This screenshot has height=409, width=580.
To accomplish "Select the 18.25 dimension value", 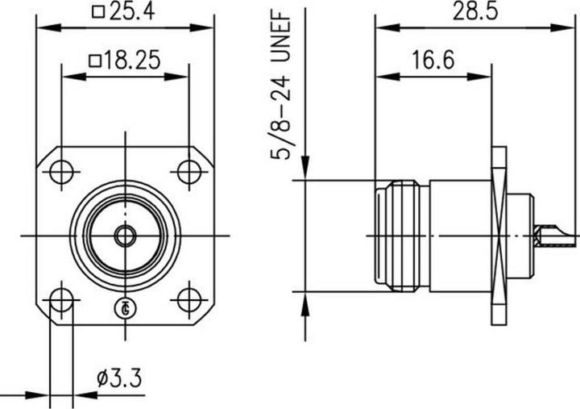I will (x=133, y=61).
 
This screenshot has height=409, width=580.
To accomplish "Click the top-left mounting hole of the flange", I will (x=61, y=171).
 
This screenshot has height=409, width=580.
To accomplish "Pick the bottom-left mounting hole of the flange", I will (x=61, y=300).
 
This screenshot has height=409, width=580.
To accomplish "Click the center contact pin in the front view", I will (x=125, y=236).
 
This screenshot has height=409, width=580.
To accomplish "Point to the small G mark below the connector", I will (x=125, y=307).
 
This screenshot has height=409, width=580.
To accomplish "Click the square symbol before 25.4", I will (x=98, y=13).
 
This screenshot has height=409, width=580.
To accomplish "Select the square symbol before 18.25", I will (x=94, y=61).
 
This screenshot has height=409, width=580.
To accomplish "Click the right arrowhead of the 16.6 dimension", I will (x=488, y=77).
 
